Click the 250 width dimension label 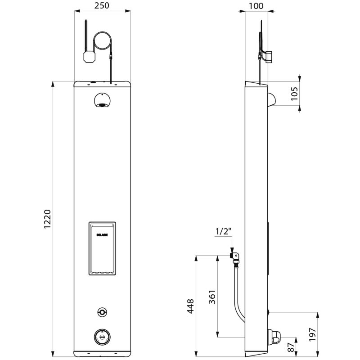point(103,6)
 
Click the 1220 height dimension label point(48,219)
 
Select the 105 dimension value point(295,94)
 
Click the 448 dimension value point(190,306)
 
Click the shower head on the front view point(103,101)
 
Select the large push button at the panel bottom point(103,336)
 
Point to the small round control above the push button point(103,312)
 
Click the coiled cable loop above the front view point(102,42)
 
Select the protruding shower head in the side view point(271,99)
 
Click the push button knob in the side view point(274,336)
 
